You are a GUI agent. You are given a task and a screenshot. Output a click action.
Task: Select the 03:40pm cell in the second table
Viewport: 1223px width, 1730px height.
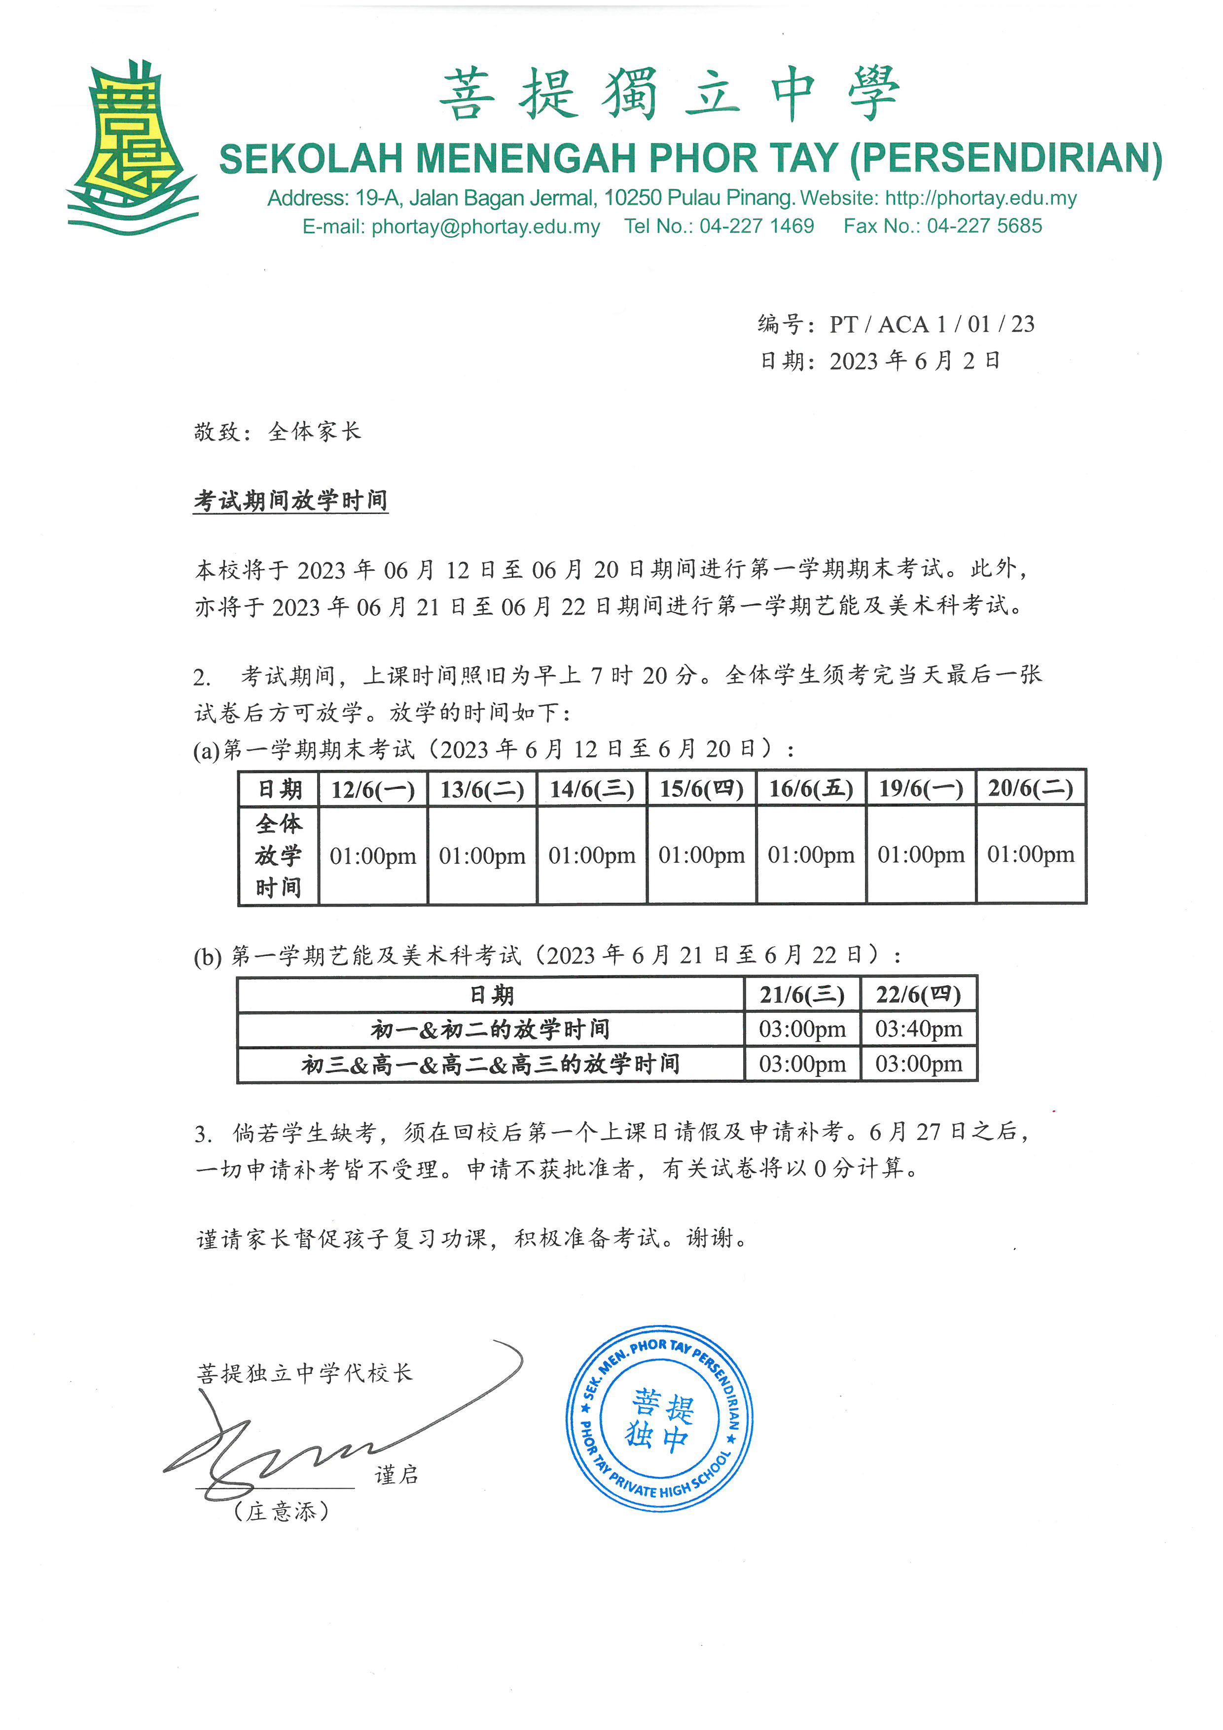click(x=918, y=1029)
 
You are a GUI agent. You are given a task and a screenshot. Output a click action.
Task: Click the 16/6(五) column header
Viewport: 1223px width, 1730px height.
click(x=811, y=789)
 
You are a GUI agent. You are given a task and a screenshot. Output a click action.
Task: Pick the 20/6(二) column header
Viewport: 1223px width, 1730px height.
click(x=1030, y=788)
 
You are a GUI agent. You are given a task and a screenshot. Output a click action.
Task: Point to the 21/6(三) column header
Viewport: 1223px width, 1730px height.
click(x=802, y=994)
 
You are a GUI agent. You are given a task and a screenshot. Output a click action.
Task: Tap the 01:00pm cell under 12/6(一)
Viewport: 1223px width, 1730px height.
click(x=373, y=856)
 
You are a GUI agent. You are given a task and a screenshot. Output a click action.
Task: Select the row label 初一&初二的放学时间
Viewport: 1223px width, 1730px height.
click(x=490, y=1029)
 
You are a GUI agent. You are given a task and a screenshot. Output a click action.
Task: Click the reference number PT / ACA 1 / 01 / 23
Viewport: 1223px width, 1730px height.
click(x=932, y=325)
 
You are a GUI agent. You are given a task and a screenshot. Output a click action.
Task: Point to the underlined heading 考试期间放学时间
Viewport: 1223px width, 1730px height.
click(x=290, y=500)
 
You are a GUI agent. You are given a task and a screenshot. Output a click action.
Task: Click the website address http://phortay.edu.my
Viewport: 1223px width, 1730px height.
click(x=980, y=198)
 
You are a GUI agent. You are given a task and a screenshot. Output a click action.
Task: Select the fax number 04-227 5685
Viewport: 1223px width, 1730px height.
click(x=984, y=226)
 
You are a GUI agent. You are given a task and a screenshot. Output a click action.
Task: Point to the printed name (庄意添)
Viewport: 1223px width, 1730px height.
click(x=282, y=1511)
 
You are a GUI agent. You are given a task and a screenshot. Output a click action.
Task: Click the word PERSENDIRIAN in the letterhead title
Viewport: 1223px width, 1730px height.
click(x=1006, y=159)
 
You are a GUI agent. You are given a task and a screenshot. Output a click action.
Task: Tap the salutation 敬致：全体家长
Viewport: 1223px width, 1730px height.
click(x=278, y=432)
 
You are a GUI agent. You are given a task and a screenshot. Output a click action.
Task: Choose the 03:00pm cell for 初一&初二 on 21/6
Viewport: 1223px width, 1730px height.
click(x=802, y=1029)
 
